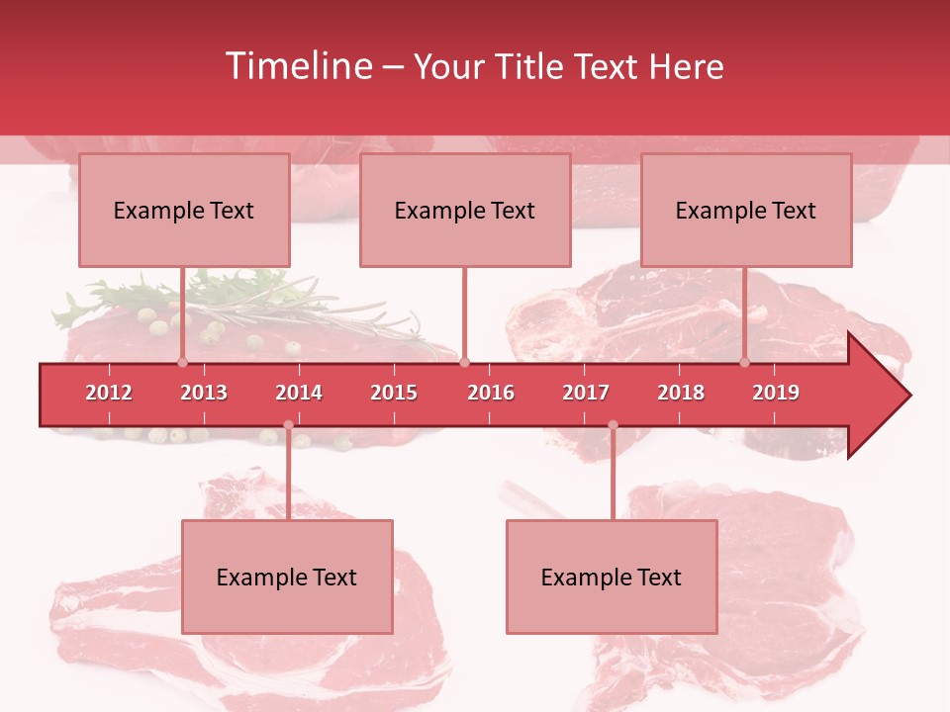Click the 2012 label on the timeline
pos(109,393)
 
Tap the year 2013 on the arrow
pos(204,393)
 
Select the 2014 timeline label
pos(299,393)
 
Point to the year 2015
pos(394,393)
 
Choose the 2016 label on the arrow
pos(491,393)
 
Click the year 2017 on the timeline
pos(586,393)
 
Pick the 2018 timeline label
pos(681,393)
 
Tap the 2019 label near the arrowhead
pos(776,393)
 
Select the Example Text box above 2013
pos(184,211)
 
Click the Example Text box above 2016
pos(465,211)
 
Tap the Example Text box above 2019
pos(746,211)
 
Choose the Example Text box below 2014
pos(287,577)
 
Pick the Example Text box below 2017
pos(612,577)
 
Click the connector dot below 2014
pos(288,425)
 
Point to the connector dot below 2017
pos(613,425)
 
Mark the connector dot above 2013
pos(182,362)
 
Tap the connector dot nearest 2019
pos(744,362)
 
